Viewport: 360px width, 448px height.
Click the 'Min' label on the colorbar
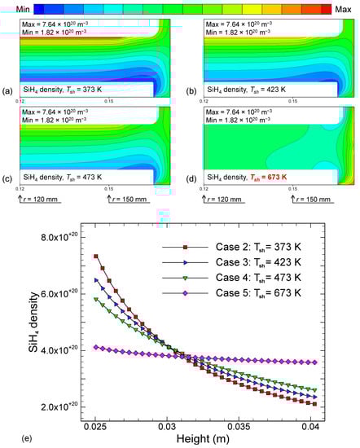point(16,7)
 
